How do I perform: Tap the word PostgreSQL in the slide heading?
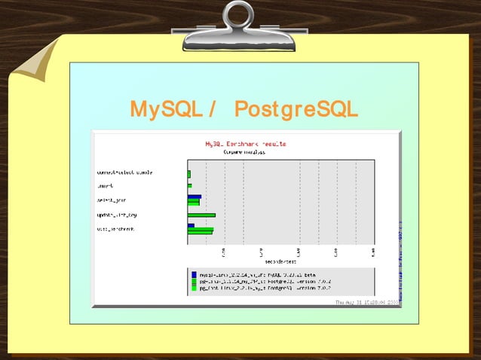coord(296,110)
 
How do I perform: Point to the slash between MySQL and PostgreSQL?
coord(213,110)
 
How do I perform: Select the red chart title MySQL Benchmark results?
coord(245,143)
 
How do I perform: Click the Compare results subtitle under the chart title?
coord(244,151)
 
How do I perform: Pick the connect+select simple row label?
coord(125,172)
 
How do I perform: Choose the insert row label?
coord(106,185)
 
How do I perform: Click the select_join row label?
coord(111,200)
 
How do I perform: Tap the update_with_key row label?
coord(117,215)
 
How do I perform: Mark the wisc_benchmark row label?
coord(116,229)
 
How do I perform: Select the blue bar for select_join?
coord(195,197)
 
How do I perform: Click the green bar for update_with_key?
coord(201,215)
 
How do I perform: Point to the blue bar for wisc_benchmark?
coord(191,225)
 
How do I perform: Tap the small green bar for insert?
coord(189,185)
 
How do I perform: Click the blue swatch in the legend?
coord(194,275)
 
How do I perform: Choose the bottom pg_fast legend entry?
coord(256,288)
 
